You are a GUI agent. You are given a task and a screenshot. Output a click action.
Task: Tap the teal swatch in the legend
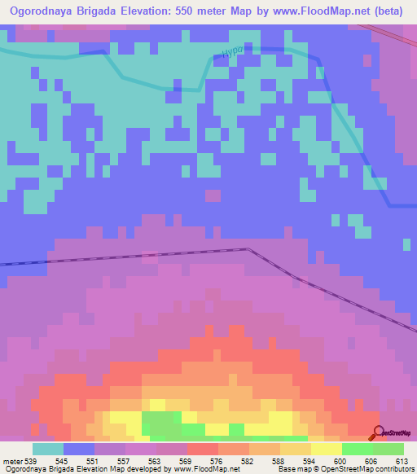pos(48,449)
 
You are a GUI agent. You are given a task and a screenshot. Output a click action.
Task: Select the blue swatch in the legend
pos(79,449)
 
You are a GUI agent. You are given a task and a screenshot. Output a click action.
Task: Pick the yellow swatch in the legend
pos(327,449)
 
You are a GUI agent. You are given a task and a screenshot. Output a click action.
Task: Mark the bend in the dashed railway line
pos(247,249)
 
